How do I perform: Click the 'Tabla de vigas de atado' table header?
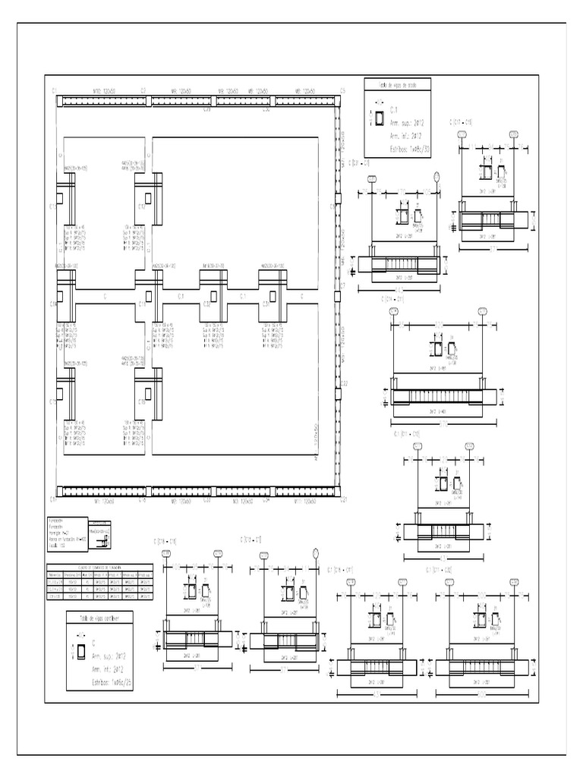tap(399, 85)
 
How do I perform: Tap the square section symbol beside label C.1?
tap(378, 118)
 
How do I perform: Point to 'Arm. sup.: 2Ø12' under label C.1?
tap(407, 121)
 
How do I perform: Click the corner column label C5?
tap(342, 90)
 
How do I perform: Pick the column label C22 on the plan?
tap(343, 382)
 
